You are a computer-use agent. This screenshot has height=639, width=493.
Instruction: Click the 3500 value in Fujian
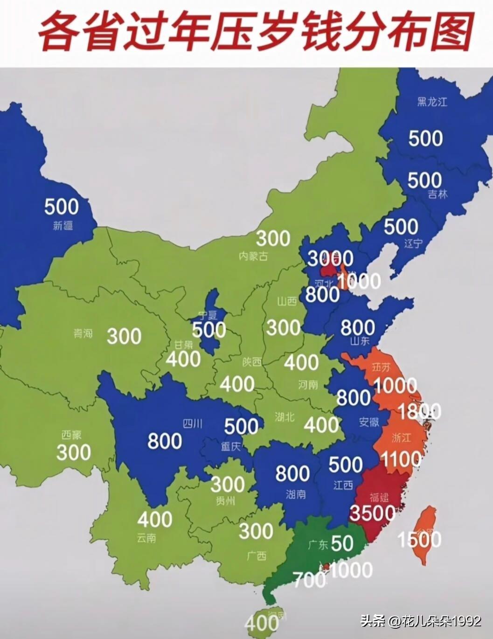coord(372,513)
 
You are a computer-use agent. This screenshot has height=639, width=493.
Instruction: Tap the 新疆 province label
coord(63,226)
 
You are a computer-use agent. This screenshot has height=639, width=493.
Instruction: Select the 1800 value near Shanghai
coord(419,411)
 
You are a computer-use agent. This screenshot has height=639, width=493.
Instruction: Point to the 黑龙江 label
coord(432,101)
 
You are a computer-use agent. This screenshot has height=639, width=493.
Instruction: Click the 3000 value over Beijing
coord(331,257)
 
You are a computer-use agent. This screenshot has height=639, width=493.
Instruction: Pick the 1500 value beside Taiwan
coord(419,540)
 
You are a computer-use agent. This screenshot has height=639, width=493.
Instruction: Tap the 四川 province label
coord(192,424)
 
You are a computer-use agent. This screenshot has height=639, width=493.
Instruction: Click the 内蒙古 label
coord(253,256)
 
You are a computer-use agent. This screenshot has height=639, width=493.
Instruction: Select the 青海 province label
coord(83,333)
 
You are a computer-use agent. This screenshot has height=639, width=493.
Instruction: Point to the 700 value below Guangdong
coord(310,580)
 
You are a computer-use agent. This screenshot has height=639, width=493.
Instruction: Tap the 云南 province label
coord(146,538)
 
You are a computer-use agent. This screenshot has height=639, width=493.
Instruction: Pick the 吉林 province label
coord(437,195)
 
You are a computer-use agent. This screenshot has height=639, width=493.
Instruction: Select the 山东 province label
coord(358,341)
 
